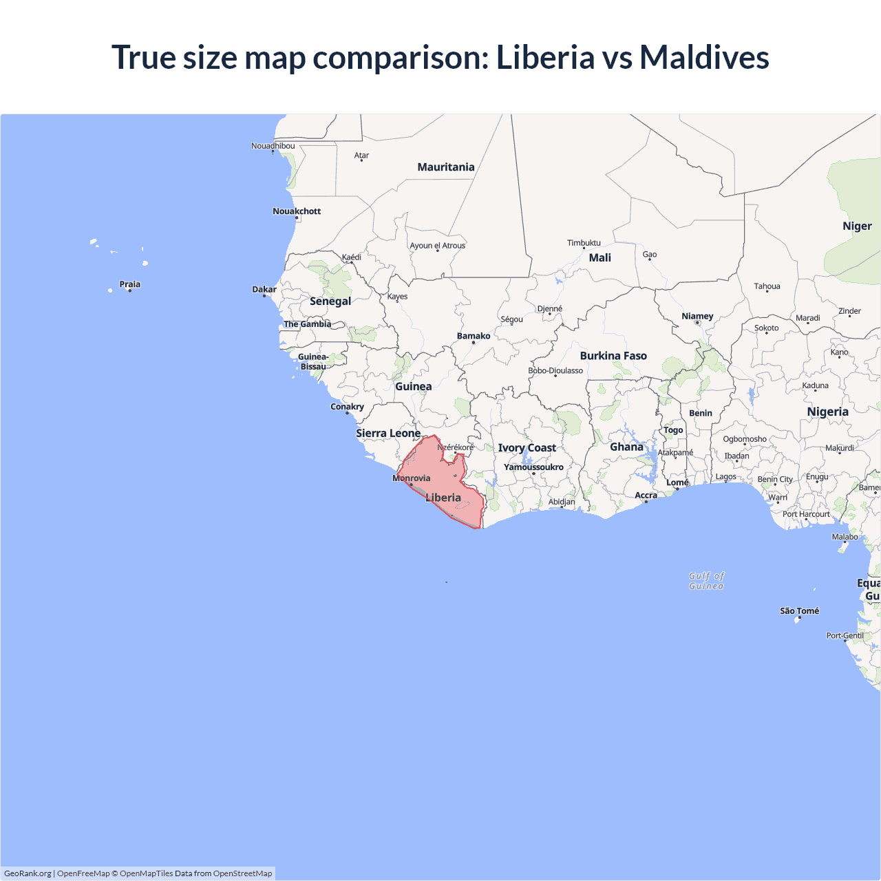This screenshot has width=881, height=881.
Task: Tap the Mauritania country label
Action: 446,167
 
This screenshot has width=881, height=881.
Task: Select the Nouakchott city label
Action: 297,211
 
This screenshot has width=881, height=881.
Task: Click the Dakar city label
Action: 264,290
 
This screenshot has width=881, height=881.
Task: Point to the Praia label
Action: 129,284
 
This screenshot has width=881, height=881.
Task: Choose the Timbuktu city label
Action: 584,243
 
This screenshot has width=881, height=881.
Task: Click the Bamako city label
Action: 474,337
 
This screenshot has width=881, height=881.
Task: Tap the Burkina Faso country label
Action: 613,356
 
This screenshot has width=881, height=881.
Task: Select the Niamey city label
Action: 697,317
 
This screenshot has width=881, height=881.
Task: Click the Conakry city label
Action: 347,407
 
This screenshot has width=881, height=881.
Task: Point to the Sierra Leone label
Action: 388,434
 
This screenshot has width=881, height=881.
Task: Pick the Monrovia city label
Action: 412,478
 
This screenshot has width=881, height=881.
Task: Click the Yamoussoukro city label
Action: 533,467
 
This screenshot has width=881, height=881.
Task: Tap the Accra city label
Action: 646,496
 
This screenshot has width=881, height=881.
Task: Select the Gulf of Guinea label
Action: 706,581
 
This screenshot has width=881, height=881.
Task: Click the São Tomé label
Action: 799,611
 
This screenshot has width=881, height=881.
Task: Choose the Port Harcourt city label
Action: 806,514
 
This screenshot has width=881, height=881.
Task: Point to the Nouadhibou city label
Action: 273,146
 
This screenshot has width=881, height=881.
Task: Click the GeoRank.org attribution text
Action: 28,873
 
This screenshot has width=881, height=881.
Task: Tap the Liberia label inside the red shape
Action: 443,498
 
